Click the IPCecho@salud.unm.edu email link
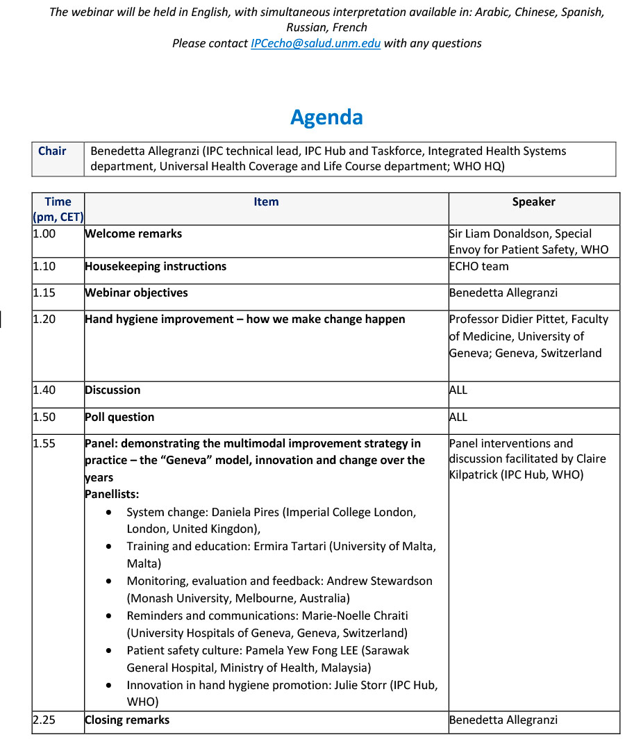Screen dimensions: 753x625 315,43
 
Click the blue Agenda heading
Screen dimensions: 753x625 326,117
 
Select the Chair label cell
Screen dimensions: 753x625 52,151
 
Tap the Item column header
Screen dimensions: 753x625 266,202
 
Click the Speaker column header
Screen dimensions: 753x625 533,202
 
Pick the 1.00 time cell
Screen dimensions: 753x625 44,234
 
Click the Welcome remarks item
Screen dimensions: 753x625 133,234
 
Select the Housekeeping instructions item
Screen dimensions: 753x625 156,266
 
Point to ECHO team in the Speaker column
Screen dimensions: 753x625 478,266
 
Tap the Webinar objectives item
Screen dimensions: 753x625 136,293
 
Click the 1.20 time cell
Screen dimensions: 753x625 44,320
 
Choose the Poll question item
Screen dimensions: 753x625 119,417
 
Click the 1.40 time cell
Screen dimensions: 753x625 44,390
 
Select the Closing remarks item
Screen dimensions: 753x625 127,720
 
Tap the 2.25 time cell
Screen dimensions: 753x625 44,720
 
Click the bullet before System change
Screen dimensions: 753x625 110,513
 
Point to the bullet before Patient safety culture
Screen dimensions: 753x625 110,651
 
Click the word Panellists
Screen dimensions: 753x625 112,495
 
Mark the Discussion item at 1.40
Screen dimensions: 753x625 112,390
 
